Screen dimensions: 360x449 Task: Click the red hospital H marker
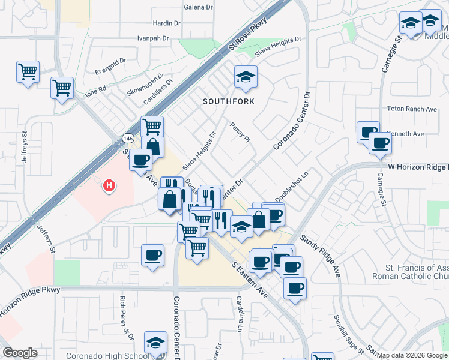pyautogui.click(x=109, y=186)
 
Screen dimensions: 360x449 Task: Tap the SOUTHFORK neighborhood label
pyautogui.click(x=228, y=101)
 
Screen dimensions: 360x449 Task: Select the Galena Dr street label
pyautogui.click(x=198, y=7)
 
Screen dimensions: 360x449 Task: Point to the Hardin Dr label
pyautogui.click(x=167, y=23)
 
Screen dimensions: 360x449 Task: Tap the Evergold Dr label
pyautogui.click(x=110, y=61)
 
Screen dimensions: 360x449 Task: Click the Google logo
pyautogui.click(x=20, y=353)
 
